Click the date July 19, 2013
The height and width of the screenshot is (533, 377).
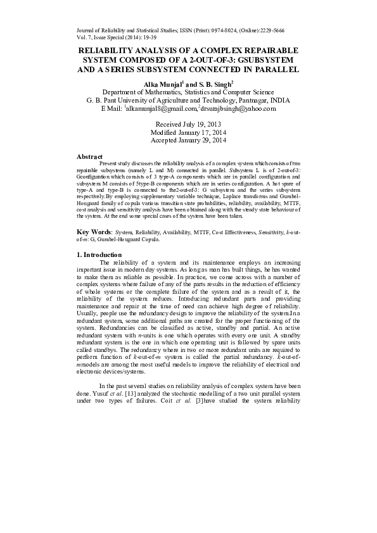pyautogui.click(x=201, y=123)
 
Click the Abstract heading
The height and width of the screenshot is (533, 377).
pyautogui.click(x=89, y=156)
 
